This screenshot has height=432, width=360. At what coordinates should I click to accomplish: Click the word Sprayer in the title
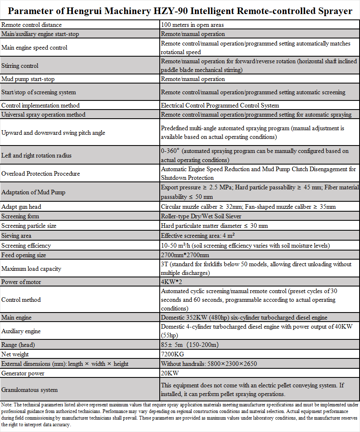click(334, 11)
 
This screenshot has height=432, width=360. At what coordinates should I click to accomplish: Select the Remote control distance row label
click(31, 25)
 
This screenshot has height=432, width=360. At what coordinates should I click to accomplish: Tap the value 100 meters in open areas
click(192, 25)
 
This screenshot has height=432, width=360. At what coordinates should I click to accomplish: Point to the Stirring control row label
click(20, 66)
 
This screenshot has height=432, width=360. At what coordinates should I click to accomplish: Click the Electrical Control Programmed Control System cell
click(220, 105)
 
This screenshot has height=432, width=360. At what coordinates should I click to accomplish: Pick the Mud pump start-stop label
click(28, 79)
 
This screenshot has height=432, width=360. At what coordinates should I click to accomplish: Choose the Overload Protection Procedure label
click(41, 174)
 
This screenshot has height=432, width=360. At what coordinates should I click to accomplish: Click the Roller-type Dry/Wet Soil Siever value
click(201, 216)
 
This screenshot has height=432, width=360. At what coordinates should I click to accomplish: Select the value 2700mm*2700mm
click(185, 255)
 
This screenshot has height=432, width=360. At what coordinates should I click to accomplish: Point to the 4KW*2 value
click(171, 282)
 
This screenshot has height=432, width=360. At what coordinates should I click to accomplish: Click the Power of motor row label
click(21, 282)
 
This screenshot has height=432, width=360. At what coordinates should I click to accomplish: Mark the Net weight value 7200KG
click(173, 354)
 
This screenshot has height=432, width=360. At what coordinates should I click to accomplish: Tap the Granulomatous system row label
click(30, 390)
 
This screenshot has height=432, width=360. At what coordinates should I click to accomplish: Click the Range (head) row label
click(18, 345)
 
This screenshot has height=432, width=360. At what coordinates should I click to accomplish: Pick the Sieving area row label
click(17, 236)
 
